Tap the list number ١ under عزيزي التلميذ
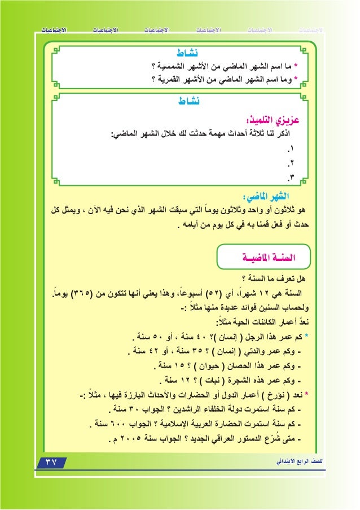pyautogui.click(x=291, y=150)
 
